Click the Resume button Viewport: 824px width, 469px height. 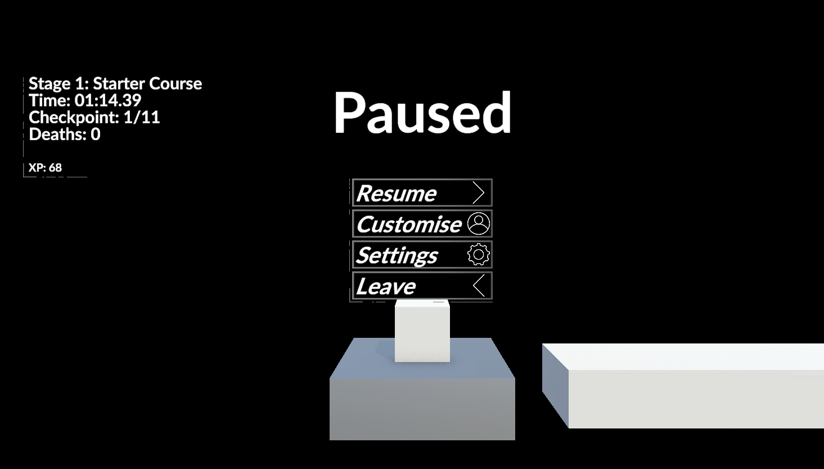(422, 193)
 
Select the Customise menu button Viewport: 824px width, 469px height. (422, 224)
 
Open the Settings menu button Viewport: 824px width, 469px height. (422, 254)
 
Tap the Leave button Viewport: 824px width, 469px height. (422, 285)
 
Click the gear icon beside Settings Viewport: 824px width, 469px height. (478, 254)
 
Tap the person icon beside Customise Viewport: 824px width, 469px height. (478, 224)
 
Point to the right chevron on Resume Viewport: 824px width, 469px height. (478, 193)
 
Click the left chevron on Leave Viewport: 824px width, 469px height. (479, 285)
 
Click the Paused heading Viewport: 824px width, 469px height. (422, 112)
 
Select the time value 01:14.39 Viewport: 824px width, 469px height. (108, 100)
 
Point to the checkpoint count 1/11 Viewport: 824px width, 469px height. (142, 118)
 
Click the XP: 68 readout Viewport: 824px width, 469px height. (45, 168)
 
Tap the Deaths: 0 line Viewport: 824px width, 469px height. (64, 135)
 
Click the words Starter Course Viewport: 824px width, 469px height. (147, 83)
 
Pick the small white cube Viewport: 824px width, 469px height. (422, 331)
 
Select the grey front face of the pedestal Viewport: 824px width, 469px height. (422, 409)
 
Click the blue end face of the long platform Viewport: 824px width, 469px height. (556, 386)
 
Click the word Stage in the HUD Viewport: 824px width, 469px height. (49, 84)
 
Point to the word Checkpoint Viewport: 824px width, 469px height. (74, 118)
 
